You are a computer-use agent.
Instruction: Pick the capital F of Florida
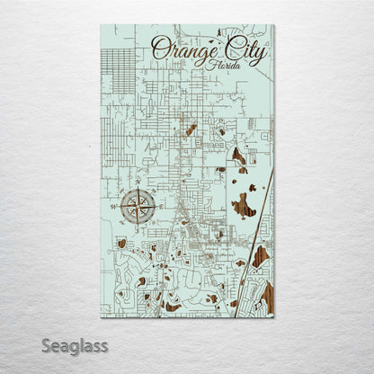[209, 65]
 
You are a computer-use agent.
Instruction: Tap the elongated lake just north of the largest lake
[239, 159]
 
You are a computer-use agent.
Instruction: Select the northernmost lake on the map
[191, 129]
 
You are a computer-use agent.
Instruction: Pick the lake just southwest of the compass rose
[121, 243]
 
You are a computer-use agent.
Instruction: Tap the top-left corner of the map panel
[102, 25]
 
